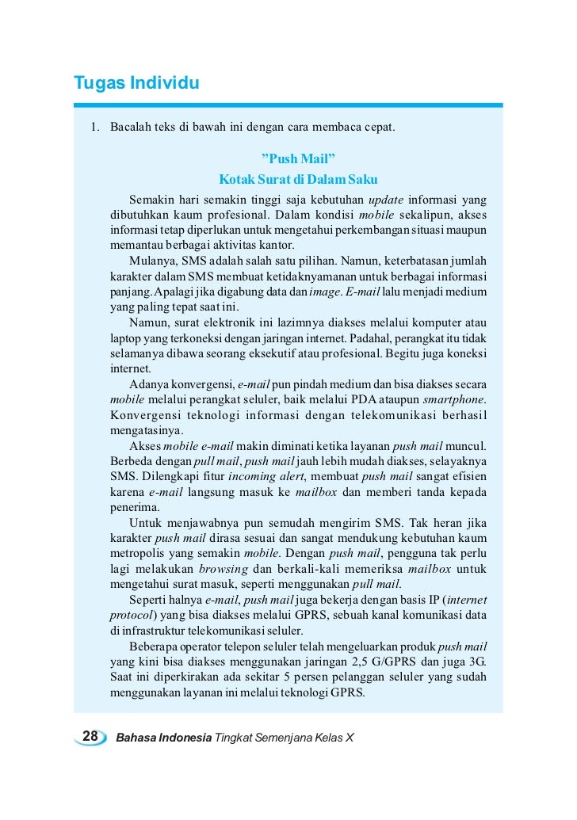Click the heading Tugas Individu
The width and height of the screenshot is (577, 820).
[136, 82]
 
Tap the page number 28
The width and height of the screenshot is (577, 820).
[90, 737]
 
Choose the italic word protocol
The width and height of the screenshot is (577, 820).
[131, 615]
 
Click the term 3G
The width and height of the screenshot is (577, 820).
[477, 661]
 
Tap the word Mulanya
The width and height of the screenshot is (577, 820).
[152, 261]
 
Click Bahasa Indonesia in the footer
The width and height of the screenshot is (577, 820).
[163, 738]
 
